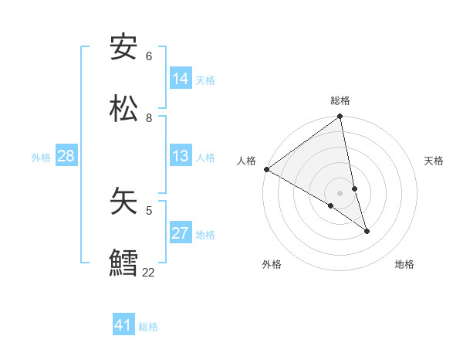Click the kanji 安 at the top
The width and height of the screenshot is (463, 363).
pyautogui.click(x=124, y=47)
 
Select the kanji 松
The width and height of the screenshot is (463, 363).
pyautogui.click(x=124, y=108)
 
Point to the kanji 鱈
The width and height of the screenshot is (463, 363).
pyautogui.click(x=124, y=262)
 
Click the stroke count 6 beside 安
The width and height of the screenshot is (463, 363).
pyautogui.click(x=149, y=56)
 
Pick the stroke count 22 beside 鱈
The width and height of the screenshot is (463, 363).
pyautogui.click(x=148, y=272)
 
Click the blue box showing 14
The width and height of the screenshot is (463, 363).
pyautogui.click(x=181, y=79)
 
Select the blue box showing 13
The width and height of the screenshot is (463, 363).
pyautogui.click(x=181, y=157)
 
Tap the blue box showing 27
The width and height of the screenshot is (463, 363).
pyautogui.click(x=181, y=233)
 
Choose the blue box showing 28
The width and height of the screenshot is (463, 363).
pyautogui.click(x=66, y=157)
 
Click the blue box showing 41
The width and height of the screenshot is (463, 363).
pyautogui.click(x=123, y=325)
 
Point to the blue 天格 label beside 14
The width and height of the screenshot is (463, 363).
pyautogui.click(x=205, y=80)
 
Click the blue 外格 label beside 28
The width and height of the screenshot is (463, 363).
pyautogui.click(x=41, y=158)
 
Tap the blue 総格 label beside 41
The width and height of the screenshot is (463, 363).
pyautogui.click(x=148, y=327)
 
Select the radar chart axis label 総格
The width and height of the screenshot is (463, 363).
pyautogui.click(x=340, y=100)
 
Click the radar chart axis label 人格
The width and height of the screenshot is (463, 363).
pyautogui.click(x=247, y=161)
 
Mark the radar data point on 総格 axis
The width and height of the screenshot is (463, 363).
pyautogui.click(x=340, y=117)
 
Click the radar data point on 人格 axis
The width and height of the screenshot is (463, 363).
pyautogui.click(x=266, y=169)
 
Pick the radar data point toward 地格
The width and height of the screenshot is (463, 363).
pyautogui.click(x=367, y=231)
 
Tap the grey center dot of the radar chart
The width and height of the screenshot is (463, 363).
pyautogui.click(x=340, y=192)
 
